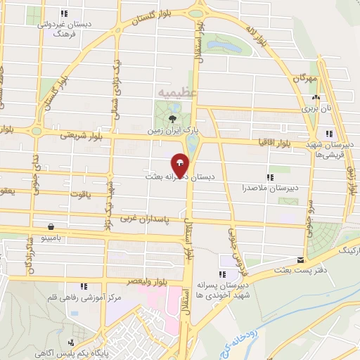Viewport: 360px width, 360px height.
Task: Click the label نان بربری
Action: [310, 108]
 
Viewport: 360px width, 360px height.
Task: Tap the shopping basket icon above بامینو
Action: [52, 226]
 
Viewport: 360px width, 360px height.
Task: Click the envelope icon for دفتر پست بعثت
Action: [300, 259]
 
